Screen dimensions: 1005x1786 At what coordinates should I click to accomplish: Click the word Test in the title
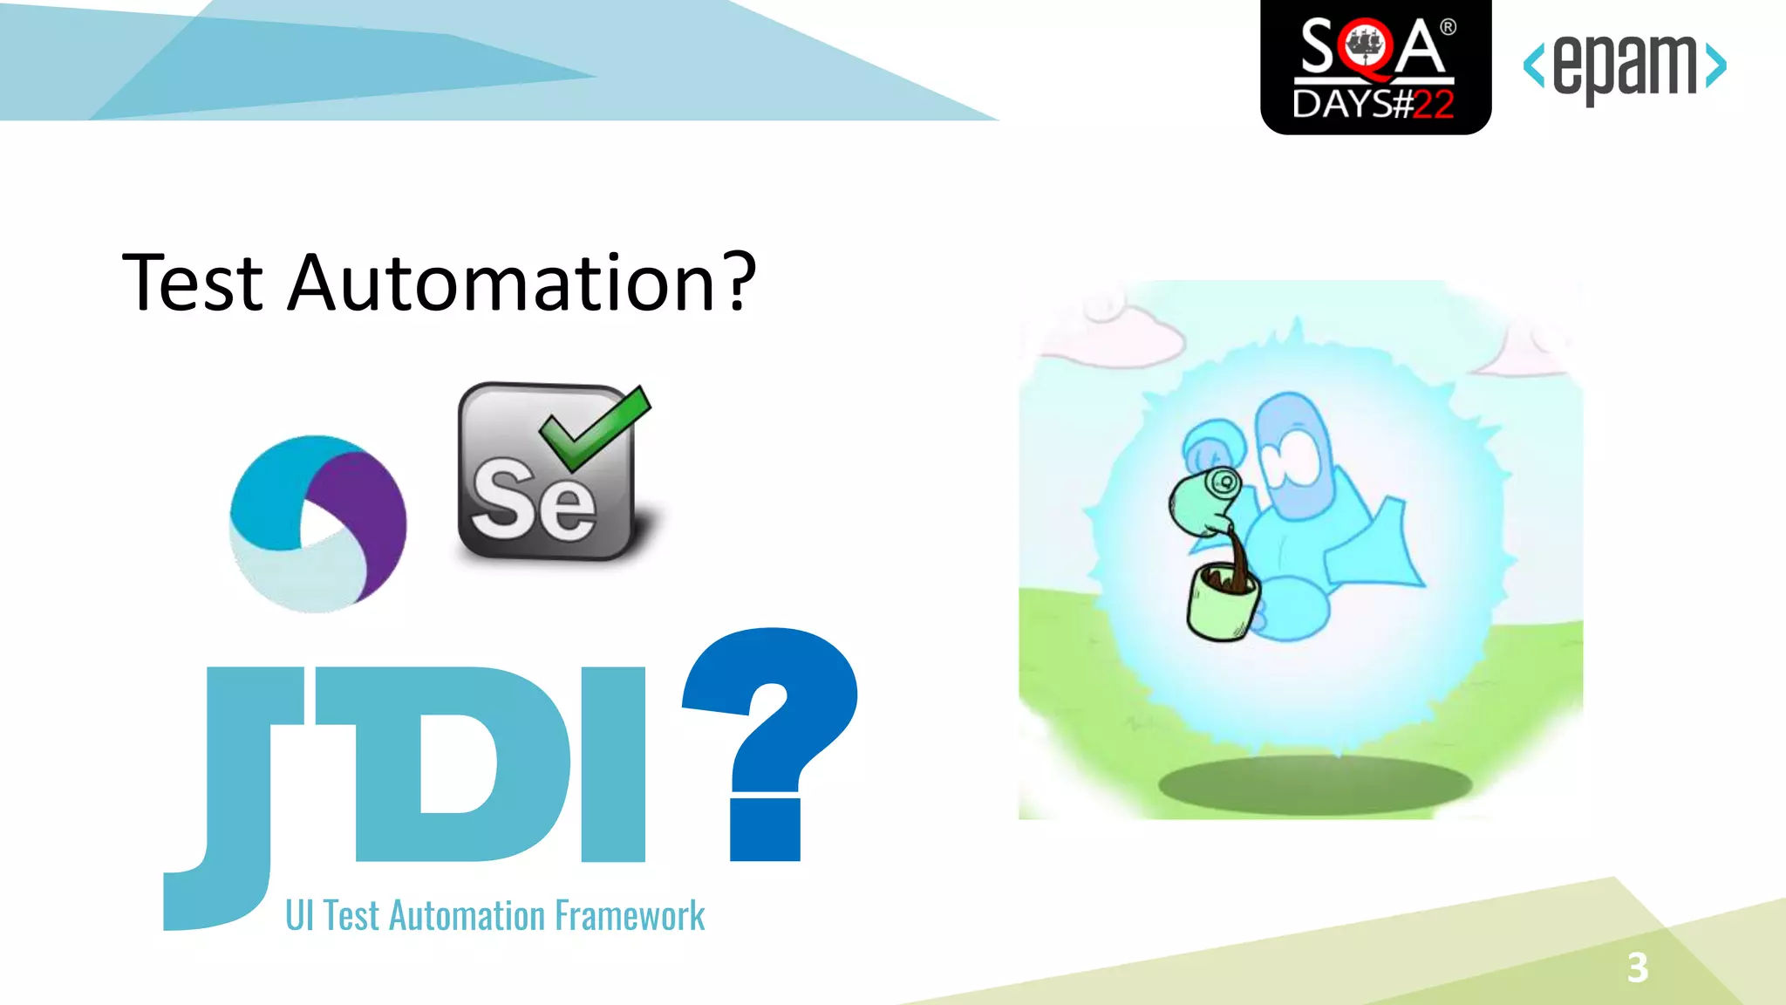(x=193, y=283)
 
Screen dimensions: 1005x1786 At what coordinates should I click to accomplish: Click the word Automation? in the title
(x=521, y=283)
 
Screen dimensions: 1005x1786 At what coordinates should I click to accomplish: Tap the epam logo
(x=1624, y=66)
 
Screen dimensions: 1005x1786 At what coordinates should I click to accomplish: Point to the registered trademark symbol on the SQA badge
(x=1449, y=27)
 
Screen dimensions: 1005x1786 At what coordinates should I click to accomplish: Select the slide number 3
(x=1637, y=967)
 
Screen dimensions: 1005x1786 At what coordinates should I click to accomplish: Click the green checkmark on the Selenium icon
(x=596, y=427)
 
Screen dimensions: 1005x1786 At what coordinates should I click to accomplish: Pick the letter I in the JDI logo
(x=613, y=763)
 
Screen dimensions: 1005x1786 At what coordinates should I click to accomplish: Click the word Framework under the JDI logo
(x=630, y=916)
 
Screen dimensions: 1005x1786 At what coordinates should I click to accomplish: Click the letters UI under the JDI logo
(x=299, y=916)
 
